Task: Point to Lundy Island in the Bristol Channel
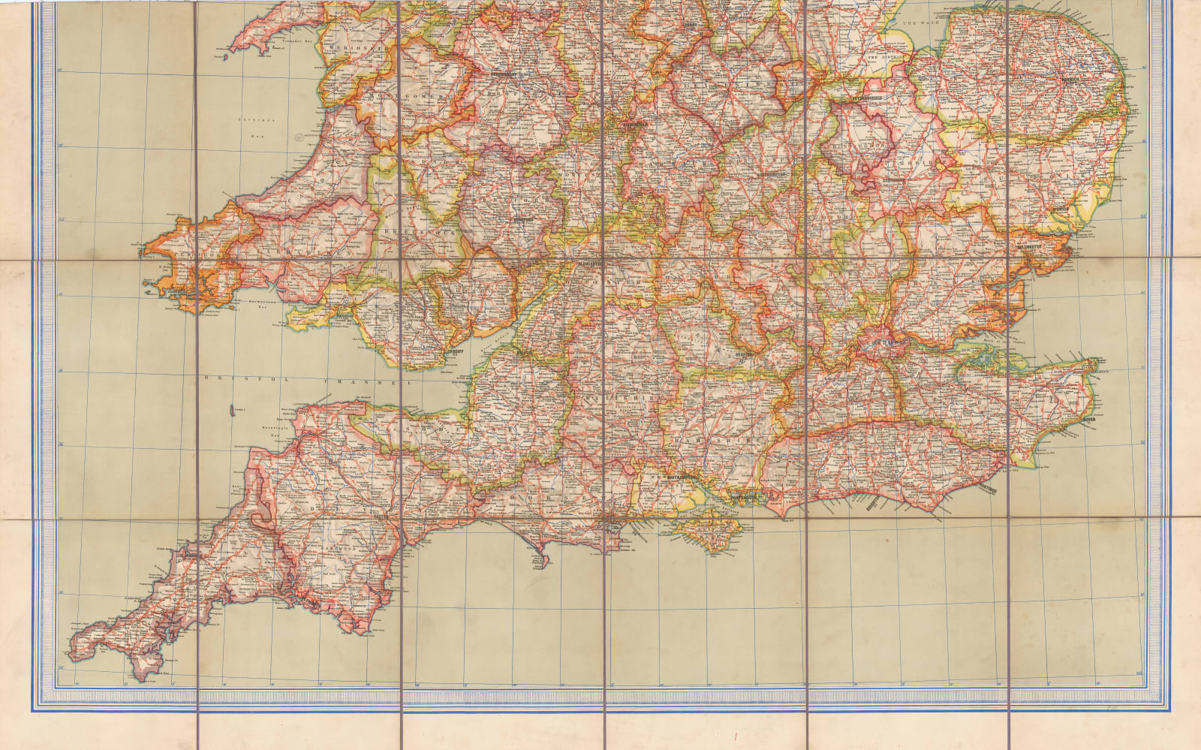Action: pyautogui.click(x=228, y=411)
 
